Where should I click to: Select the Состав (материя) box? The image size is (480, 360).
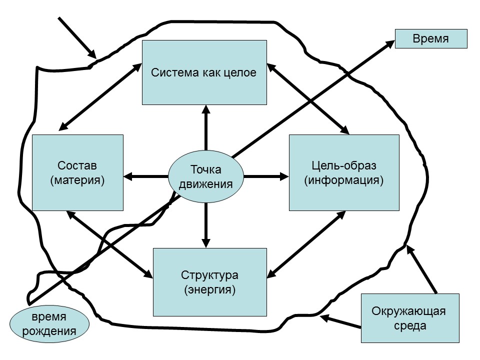[x=77, y=172]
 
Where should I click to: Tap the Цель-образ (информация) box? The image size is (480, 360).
[x=344, y=172]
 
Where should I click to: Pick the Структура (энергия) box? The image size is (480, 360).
[x=209, y=282]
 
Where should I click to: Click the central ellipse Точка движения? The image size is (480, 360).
[x=205, y=176]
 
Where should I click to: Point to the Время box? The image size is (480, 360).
[x=430, y=39]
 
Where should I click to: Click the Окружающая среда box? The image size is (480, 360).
[x=408, y=319]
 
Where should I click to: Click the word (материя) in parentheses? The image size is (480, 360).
[x=77, y=180]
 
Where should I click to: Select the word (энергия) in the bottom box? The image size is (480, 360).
[x=209, y=289]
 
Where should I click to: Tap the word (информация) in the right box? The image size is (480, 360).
[x=344, y=180]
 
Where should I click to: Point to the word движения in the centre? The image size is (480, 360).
[x=205, y=183]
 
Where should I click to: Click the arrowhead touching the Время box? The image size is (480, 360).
[x=389, y=43]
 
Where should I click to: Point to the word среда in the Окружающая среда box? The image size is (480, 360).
[x=408, y=326]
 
